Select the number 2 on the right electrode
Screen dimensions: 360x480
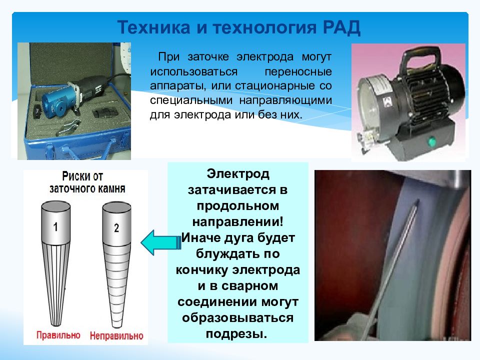point(116,228)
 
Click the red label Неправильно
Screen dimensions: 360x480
point(116,335)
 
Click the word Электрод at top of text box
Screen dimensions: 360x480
point(237,175)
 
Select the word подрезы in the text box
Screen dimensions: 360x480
point(237,333)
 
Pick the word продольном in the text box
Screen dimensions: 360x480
point(237,206)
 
